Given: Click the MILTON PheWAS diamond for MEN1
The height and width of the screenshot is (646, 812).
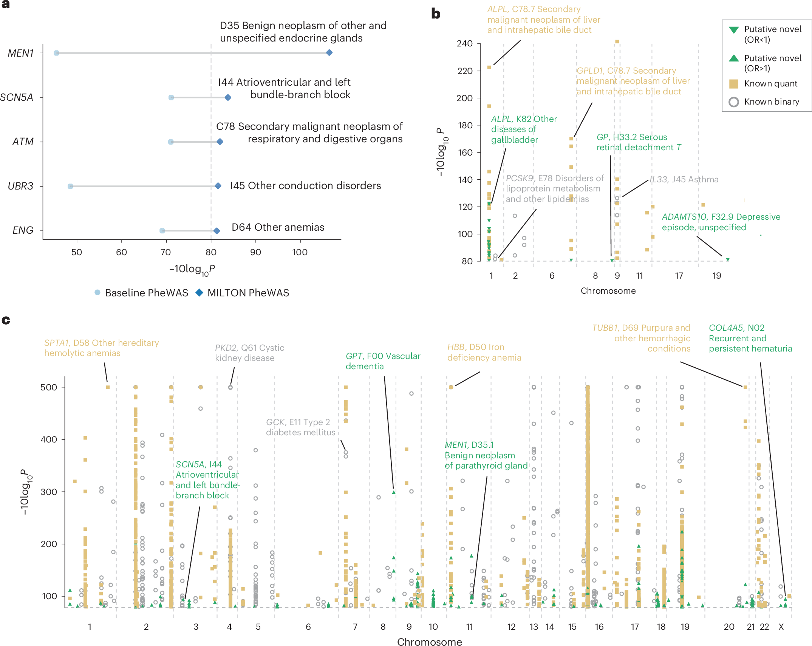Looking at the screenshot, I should [x=329, y=53].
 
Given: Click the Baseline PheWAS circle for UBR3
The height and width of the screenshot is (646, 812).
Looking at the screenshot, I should [x=70, y=186].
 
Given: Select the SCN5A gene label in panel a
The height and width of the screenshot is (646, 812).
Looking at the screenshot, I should [x=17, y=97].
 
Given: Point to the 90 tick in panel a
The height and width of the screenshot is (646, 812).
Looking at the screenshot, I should [x=255, y=252].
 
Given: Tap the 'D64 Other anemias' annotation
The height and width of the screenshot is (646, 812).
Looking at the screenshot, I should [x=278, y=227].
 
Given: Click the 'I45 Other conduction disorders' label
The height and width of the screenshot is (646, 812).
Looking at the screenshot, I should [x=305, y=186].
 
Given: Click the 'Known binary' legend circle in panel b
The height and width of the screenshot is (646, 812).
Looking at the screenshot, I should [x=733, y=102].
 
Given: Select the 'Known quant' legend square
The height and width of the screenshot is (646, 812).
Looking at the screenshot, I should [x=733, y=84].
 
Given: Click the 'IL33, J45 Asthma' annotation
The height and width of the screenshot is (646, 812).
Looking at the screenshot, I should [x=684, y=180].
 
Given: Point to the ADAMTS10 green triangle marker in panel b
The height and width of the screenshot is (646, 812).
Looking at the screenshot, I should [x=727, y=259].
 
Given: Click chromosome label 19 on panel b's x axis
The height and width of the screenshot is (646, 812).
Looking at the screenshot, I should [x=716, y=276].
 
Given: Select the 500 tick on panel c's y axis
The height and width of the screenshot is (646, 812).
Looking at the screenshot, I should [x=49, y=387].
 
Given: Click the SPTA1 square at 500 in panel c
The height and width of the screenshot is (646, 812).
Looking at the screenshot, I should [x=108, y=387].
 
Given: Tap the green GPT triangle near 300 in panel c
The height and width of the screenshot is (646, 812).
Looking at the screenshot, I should [x=394, y=492].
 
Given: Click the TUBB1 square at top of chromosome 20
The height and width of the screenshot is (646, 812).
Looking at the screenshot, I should [x=745, y=387].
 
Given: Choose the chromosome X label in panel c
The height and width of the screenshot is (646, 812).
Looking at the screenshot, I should [x=781, y=627].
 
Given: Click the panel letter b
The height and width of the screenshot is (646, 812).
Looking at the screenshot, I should [x=436, y=14].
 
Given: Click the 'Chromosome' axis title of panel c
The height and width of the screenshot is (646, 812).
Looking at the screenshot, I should [x=429, y=642].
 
